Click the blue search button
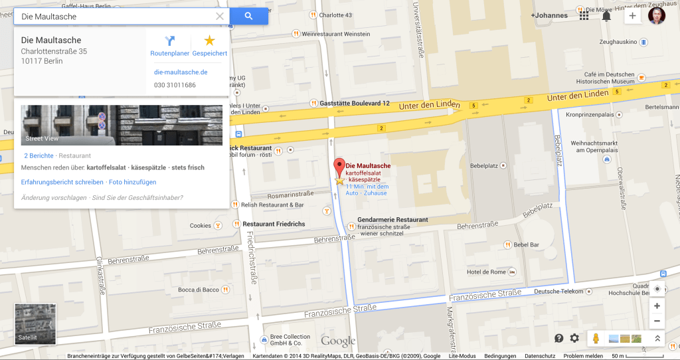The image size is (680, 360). [x=248, y=16]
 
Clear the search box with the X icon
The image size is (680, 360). [x=220, y=16]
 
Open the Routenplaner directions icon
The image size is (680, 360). [x=170, y=42]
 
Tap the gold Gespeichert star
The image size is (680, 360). [x=209, y=42]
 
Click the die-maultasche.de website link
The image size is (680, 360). [x=181, y=72]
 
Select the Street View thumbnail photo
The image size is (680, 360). [x=122, y=125]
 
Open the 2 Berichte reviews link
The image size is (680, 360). [x=39, y=155]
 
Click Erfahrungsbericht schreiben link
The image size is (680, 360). [x=62, y=182]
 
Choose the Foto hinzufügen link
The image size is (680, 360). [x=133, y=182]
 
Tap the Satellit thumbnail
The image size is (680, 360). [x=35, y=323]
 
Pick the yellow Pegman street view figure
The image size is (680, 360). [x=595, y=338]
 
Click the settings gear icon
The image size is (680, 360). [x=574, y=338]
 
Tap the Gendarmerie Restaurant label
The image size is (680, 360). [x=392, y=220]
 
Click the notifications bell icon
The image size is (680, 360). [x=606, y=15]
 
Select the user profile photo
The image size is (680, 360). [x=656, y=15]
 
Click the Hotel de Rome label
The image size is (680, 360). [x=486, y=272]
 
